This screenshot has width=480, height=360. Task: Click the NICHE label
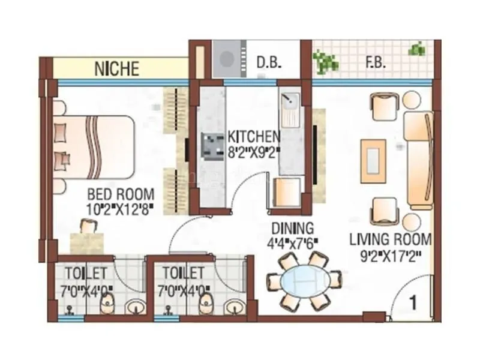[x=116, y=68]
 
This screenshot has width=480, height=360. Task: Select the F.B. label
[x=376, y=62]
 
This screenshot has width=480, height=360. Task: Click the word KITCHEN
[x=253, y=136]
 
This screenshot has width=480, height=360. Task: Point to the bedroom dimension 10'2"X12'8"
[x=121, y=209]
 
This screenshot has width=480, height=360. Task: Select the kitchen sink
[x=290, y=107]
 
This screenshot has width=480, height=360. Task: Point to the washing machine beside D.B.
[x=226, y=59]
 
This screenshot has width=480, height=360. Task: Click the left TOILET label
[x=86, y=273]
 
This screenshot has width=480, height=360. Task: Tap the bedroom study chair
[x=88, y=227]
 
